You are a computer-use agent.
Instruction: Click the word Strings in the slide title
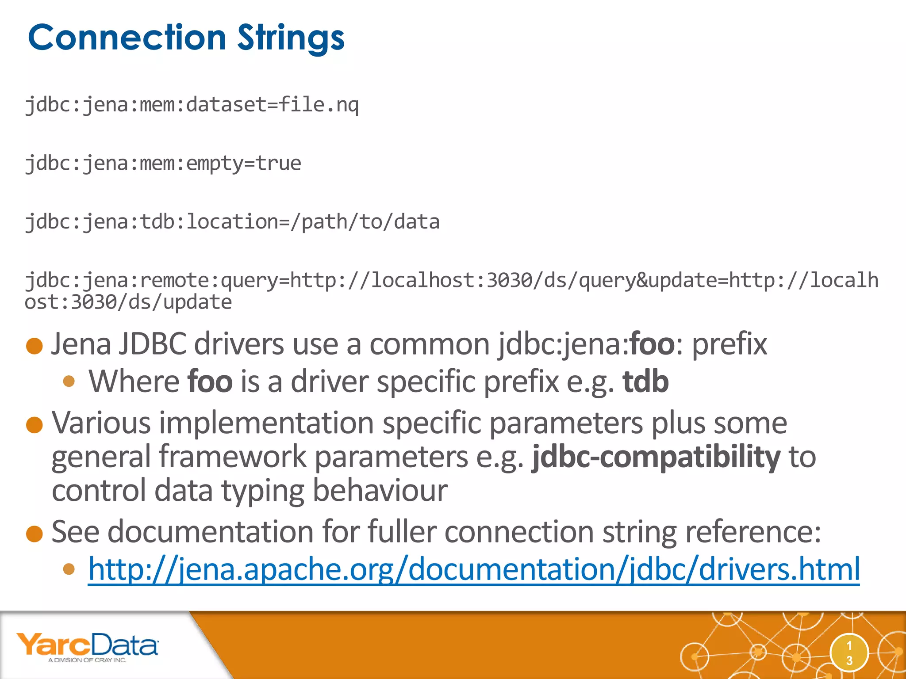point(291,38)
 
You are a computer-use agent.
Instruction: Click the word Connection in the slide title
point(127,38)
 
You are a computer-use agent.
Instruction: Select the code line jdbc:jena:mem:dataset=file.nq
point(192,105)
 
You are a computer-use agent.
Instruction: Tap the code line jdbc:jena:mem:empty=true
point(163,164)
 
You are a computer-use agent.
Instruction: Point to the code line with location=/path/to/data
point(232,222)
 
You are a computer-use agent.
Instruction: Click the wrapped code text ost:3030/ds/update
point(128,302)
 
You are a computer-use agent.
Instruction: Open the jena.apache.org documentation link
point(473,569)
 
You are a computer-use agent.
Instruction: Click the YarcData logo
point(87,645)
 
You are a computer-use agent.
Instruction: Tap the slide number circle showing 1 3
point(849,653)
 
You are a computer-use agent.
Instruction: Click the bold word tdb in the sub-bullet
point(645,381)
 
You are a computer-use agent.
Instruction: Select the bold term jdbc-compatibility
point(656,457)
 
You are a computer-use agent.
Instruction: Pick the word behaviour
point(380,491)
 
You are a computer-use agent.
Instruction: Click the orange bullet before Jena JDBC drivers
point(35,346)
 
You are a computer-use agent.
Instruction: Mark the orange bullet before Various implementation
point(35,425)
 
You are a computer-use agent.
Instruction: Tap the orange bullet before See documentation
point(35,534)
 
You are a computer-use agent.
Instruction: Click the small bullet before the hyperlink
point(69,569)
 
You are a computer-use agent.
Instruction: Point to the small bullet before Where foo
point(69,381)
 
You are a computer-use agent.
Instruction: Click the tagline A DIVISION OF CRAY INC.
point(87,660)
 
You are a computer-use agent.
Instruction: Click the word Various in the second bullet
point(101,423)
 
